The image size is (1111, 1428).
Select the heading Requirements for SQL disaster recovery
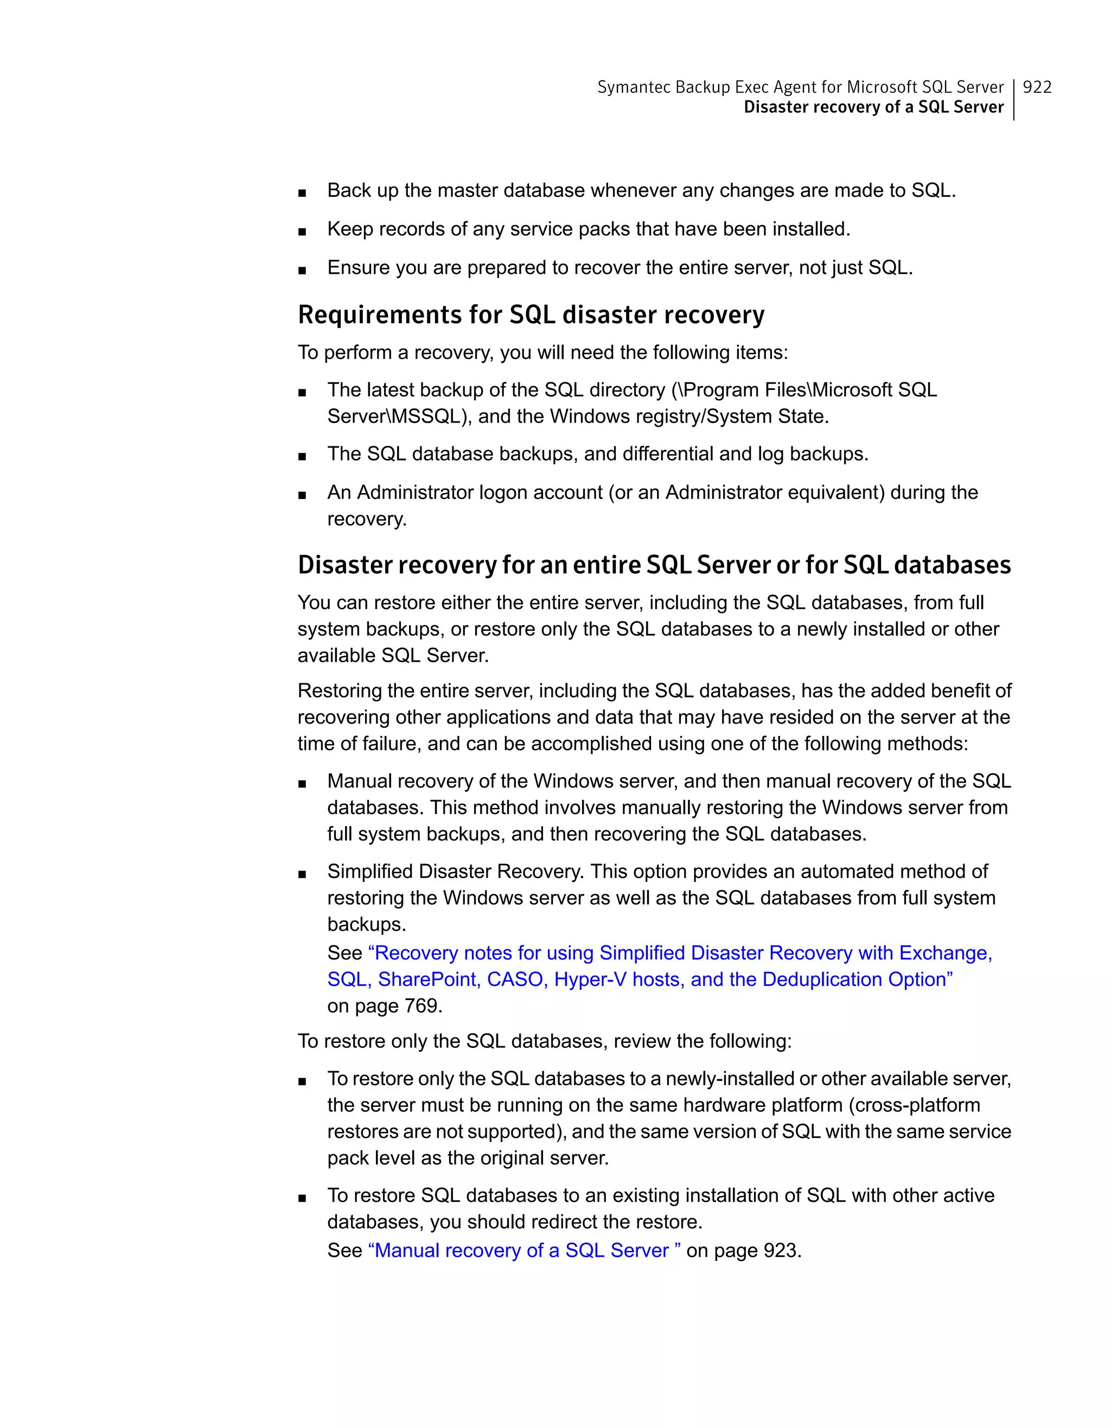[x=531, y=315]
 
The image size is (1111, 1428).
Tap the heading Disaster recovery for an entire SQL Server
[x=654, y=565]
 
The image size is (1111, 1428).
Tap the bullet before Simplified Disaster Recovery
[x=302, y=874]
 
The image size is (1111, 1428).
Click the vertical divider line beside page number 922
[x=1013, y=99]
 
